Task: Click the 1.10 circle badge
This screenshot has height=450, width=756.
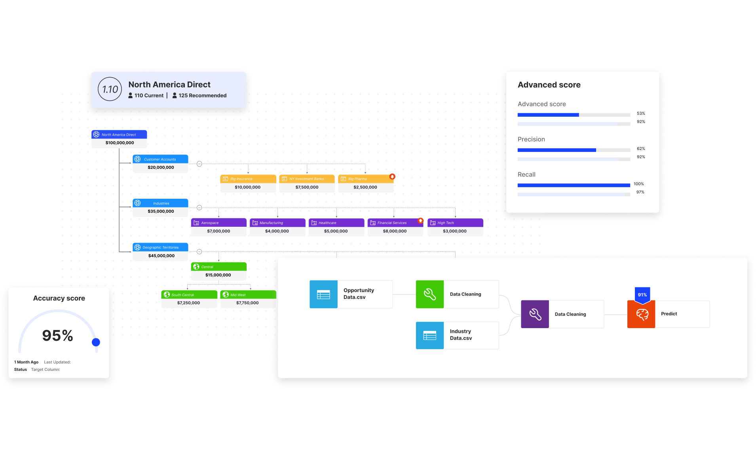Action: coord(110,89)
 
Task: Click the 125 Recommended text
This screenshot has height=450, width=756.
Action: coord(202,95)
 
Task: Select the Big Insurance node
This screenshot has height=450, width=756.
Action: coord(248,179)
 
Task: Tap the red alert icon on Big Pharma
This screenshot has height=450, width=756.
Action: coord(392,177)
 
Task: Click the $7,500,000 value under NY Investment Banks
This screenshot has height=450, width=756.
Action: coord(307,187)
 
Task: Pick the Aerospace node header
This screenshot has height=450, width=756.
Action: coord(218,223)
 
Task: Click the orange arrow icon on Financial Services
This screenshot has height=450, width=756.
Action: coord(420,220)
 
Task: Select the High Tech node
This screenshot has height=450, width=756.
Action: coord(455,223)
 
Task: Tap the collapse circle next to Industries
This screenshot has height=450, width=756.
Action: coord(199,207)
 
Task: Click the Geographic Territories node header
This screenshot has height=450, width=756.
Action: coord(160,247)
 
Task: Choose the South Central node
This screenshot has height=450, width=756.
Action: coord(189,295)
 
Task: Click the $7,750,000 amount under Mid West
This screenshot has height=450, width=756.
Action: coord(247,303)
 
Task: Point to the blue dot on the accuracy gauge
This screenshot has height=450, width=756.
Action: coord(96,342)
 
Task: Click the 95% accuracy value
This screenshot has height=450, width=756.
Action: coord(58,336)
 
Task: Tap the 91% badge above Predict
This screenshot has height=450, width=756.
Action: coord(642,294)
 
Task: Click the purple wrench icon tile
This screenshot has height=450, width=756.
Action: coord(535,314)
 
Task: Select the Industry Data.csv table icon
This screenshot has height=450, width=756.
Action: coord(429,335)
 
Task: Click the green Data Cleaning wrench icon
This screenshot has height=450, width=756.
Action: coord(429,294)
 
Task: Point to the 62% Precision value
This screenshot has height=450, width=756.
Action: coord(640,148)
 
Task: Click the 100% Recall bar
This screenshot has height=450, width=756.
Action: coord(573,185)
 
